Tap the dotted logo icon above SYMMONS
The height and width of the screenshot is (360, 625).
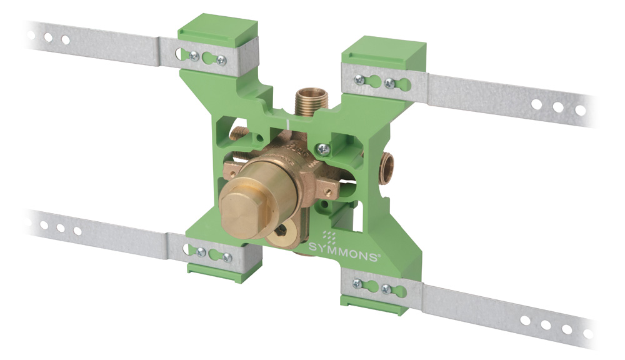[329, 235]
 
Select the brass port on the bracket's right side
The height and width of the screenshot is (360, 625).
[386, 169]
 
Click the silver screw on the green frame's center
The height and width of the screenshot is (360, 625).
[323, 150]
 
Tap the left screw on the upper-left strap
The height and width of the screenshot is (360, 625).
[194, 56]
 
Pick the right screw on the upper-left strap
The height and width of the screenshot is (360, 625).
[221, 61]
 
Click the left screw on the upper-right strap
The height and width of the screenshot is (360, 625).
[359, 80]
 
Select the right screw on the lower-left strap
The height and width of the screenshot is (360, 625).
[227, 257]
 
